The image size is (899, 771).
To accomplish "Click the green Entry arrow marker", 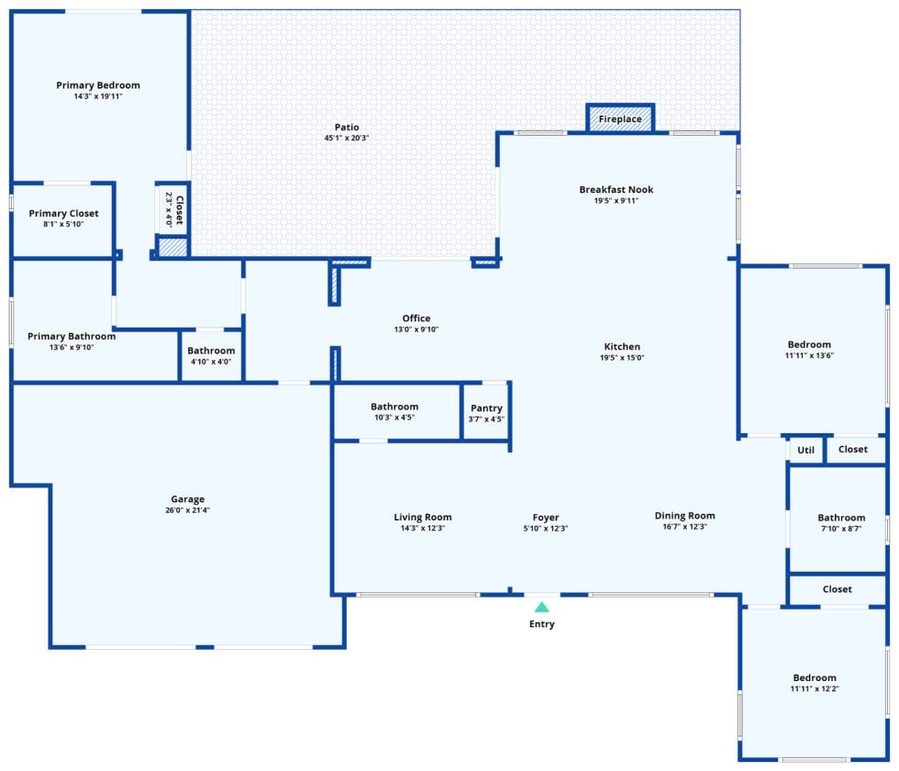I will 542,607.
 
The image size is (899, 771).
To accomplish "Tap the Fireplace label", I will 620,119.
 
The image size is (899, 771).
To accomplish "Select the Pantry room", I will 486,413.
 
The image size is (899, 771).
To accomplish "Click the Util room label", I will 805,450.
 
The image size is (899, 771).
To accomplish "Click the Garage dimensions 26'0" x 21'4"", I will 187,510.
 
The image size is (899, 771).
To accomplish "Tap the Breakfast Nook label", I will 616,190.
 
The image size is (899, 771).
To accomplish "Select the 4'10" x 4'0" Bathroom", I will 211,355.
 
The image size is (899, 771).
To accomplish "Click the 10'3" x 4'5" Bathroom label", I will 394,407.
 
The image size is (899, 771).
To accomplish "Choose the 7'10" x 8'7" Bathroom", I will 841,522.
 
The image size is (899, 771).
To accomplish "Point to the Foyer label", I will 546,517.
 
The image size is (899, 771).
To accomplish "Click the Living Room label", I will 423,517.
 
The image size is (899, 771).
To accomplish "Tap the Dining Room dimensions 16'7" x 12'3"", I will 684,527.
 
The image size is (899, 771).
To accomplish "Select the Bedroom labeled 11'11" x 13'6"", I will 808,350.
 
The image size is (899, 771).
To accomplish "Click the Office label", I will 416,318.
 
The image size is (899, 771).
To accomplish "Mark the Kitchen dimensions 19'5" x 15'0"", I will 622,358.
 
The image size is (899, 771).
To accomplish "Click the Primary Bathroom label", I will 72,336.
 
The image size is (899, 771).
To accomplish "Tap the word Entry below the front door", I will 542,624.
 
